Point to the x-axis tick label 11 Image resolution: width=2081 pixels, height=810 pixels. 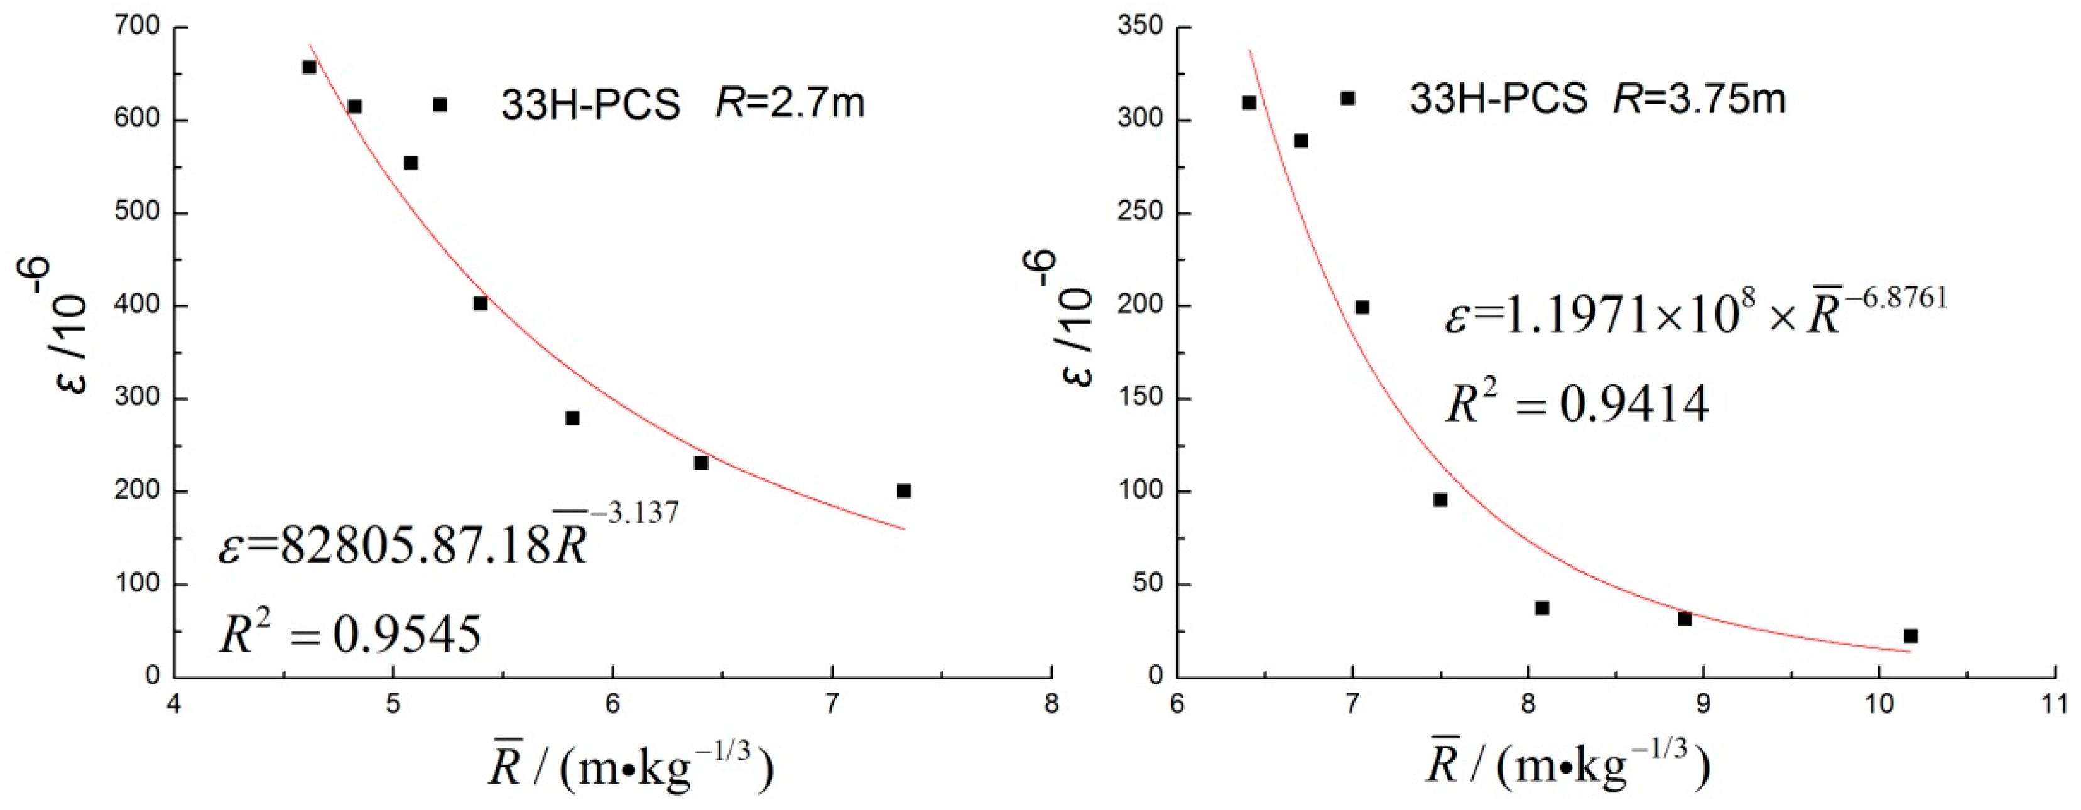click(2053, 703)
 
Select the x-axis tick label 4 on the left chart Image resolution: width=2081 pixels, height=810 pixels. click(174, 703)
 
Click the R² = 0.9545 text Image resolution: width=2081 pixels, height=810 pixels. click(350, 634)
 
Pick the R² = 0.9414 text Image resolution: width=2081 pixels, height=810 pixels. click(1576, 404)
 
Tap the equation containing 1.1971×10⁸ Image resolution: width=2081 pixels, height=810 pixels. click(1695, 310)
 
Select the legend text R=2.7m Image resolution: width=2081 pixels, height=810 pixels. click(790, 104)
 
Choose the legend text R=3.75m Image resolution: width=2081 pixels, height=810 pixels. click(1699, 99)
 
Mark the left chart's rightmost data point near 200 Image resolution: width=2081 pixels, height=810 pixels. click(904, 491)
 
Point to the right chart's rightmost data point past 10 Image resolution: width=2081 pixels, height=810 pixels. click(1911, 636)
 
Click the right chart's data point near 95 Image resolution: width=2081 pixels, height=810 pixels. click(1440, 500)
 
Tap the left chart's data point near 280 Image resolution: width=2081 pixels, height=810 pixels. click(572, 418)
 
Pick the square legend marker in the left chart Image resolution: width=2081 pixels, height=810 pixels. click(440, 105)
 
